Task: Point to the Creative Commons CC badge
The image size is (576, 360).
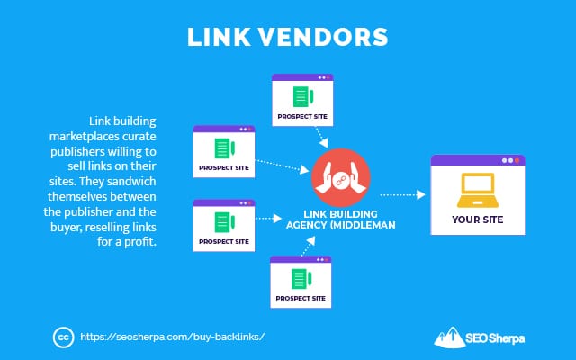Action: pyautogui.click(x=63, y=337)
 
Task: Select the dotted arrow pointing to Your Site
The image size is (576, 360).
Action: pyautogui.click(x=402, y=193)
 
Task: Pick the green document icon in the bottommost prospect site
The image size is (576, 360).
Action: pyautogui.click(x=301, y=278)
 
